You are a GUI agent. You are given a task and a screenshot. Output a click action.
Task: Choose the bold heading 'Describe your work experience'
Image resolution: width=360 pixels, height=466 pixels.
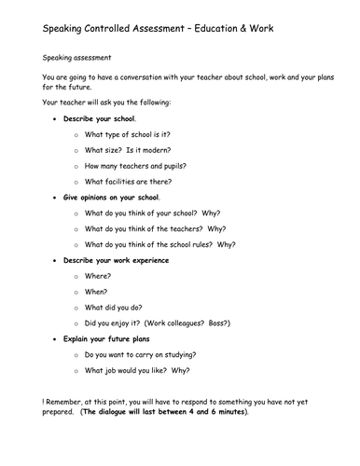point(116,260)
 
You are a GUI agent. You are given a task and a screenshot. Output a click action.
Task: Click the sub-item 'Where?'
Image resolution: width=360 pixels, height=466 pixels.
point(98,276)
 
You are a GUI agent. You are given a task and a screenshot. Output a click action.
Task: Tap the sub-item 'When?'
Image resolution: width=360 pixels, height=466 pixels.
point(97,291)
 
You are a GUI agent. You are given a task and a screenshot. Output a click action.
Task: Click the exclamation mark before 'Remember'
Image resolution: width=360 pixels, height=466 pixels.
point(44,400)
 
